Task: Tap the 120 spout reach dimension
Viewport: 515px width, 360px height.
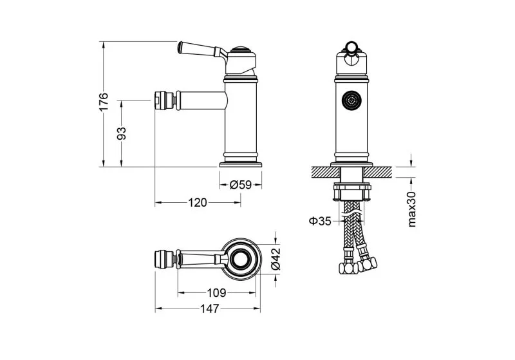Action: (x=198, y=203)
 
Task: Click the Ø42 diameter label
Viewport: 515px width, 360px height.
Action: (x=275, y=260)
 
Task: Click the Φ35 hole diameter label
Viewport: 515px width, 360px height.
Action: (x=320, y=221)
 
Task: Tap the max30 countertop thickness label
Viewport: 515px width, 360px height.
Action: (x=413, y=209)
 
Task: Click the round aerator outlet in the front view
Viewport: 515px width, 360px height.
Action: (x=351, y=101)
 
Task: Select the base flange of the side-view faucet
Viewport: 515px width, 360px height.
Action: (x=241, y=162)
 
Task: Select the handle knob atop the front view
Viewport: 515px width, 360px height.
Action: (x=351, y=46)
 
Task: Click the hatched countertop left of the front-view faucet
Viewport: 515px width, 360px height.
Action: (x=322, y=171)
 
